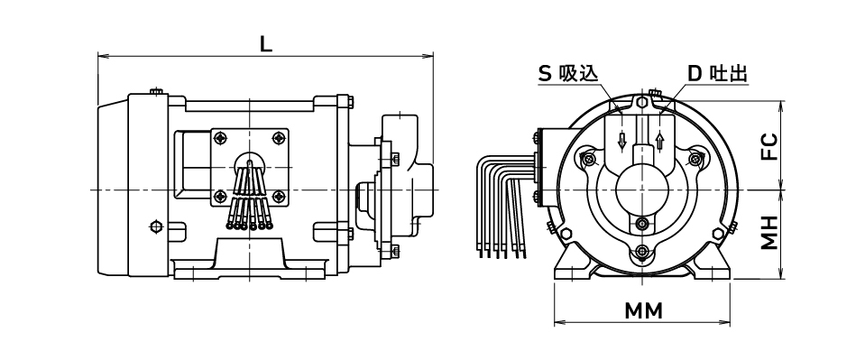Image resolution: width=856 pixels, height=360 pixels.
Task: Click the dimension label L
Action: (265, 45)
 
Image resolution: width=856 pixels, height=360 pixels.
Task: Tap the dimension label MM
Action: (644, 311)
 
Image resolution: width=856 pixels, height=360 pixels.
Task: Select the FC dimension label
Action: (769, 146)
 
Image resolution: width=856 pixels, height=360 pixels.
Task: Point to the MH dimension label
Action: (769, 232)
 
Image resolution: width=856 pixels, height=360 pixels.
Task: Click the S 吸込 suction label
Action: (567, 74)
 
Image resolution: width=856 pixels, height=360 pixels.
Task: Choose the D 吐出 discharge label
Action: (717, 74)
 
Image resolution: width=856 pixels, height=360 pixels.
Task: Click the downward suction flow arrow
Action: (621, 141)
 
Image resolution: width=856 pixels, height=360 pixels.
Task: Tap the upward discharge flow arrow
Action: (660, 141)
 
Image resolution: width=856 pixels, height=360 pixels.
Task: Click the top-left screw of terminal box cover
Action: (220, 138)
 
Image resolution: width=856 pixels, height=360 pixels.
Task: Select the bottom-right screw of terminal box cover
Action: (279, 196)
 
